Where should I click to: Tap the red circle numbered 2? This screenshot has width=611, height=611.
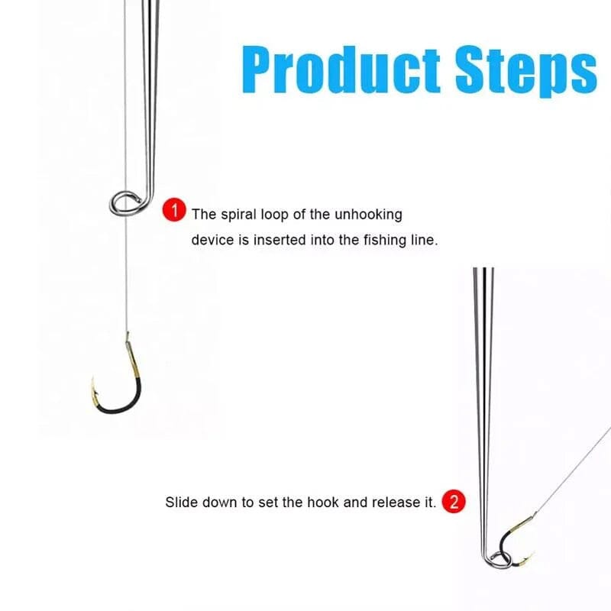point(454,502)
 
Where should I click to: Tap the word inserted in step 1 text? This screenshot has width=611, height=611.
point(287,240)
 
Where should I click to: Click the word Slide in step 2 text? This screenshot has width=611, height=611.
point(180,503)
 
